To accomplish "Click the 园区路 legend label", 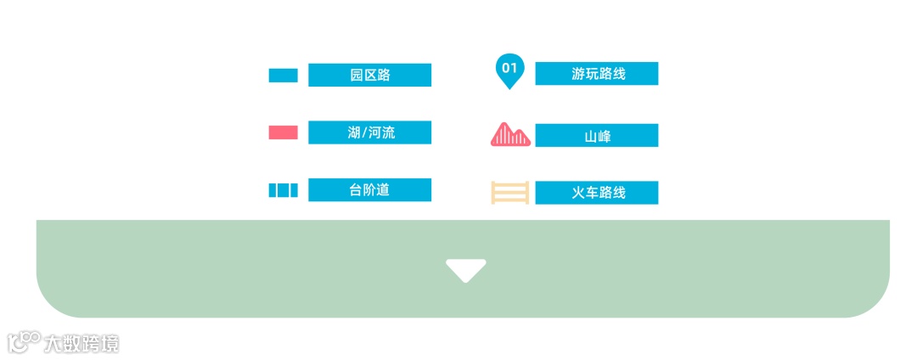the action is [x=369, y=75].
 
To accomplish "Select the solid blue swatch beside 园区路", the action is [x=283, y=76].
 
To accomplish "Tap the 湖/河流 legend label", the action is [x=369, y=132].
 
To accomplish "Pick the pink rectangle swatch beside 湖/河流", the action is [x=283, y=132].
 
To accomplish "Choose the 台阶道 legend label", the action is [x=369, y=190].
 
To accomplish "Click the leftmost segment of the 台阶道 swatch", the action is [x=273, y=190].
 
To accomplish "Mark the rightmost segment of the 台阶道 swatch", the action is [x=294, y=190].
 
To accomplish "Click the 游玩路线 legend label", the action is [x=597, y=74].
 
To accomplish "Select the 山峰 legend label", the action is [x=597, y=136].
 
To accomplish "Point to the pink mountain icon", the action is [x=511, y=135].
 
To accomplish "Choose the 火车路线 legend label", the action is [x=597, y=193].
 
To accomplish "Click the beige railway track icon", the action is [x=510, y=193].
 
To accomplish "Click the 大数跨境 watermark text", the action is [x=82, y=343].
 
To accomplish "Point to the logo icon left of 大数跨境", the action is [x=24, y=341].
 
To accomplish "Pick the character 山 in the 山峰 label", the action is [x=590, y=136].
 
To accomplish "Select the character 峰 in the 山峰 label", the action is [x=604, y=136].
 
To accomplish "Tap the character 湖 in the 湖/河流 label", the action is [x=354, y=132].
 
